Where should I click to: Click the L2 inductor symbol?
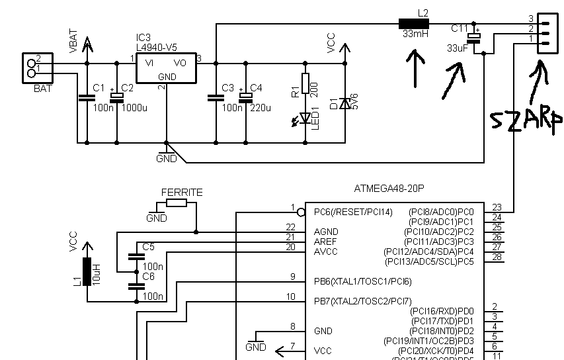pos(414,24)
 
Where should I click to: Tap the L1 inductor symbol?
pos(87,271)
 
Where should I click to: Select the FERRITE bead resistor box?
pos(177,202)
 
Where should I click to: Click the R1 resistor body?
pos(305,83)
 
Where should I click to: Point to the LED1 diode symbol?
pos(305,118)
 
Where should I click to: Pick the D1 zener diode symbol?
pos(345,104)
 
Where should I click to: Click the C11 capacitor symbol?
pos(473,38)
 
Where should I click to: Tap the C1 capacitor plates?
pos(87,97)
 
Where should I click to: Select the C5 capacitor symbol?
pos(136,257)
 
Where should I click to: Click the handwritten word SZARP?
pos(526,120)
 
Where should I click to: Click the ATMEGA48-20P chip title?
pos(389,189)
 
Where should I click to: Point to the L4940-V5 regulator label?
pos(157,48)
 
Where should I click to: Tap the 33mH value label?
pos(415,34)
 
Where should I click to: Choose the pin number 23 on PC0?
pos(497,207)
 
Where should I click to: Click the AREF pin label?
pos(325,242)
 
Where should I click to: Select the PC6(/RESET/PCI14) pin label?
pos(353,212)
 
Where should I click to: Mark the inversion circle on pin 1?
pos(302,213)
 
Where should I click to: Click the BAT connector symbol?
pos(38,68)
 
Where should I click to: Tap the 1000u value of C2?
pos(134,108)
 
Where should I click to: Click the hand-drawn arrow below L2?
pos(416,68)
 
